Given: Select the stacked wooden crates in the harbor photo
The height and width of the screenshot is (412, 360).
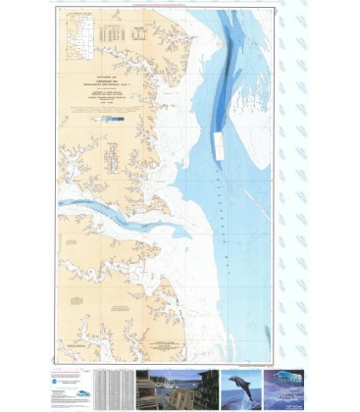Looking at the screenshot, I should (149, 389).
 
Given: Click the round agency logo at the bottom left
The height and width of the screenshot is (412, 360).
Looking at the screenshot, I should (63, 377).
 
